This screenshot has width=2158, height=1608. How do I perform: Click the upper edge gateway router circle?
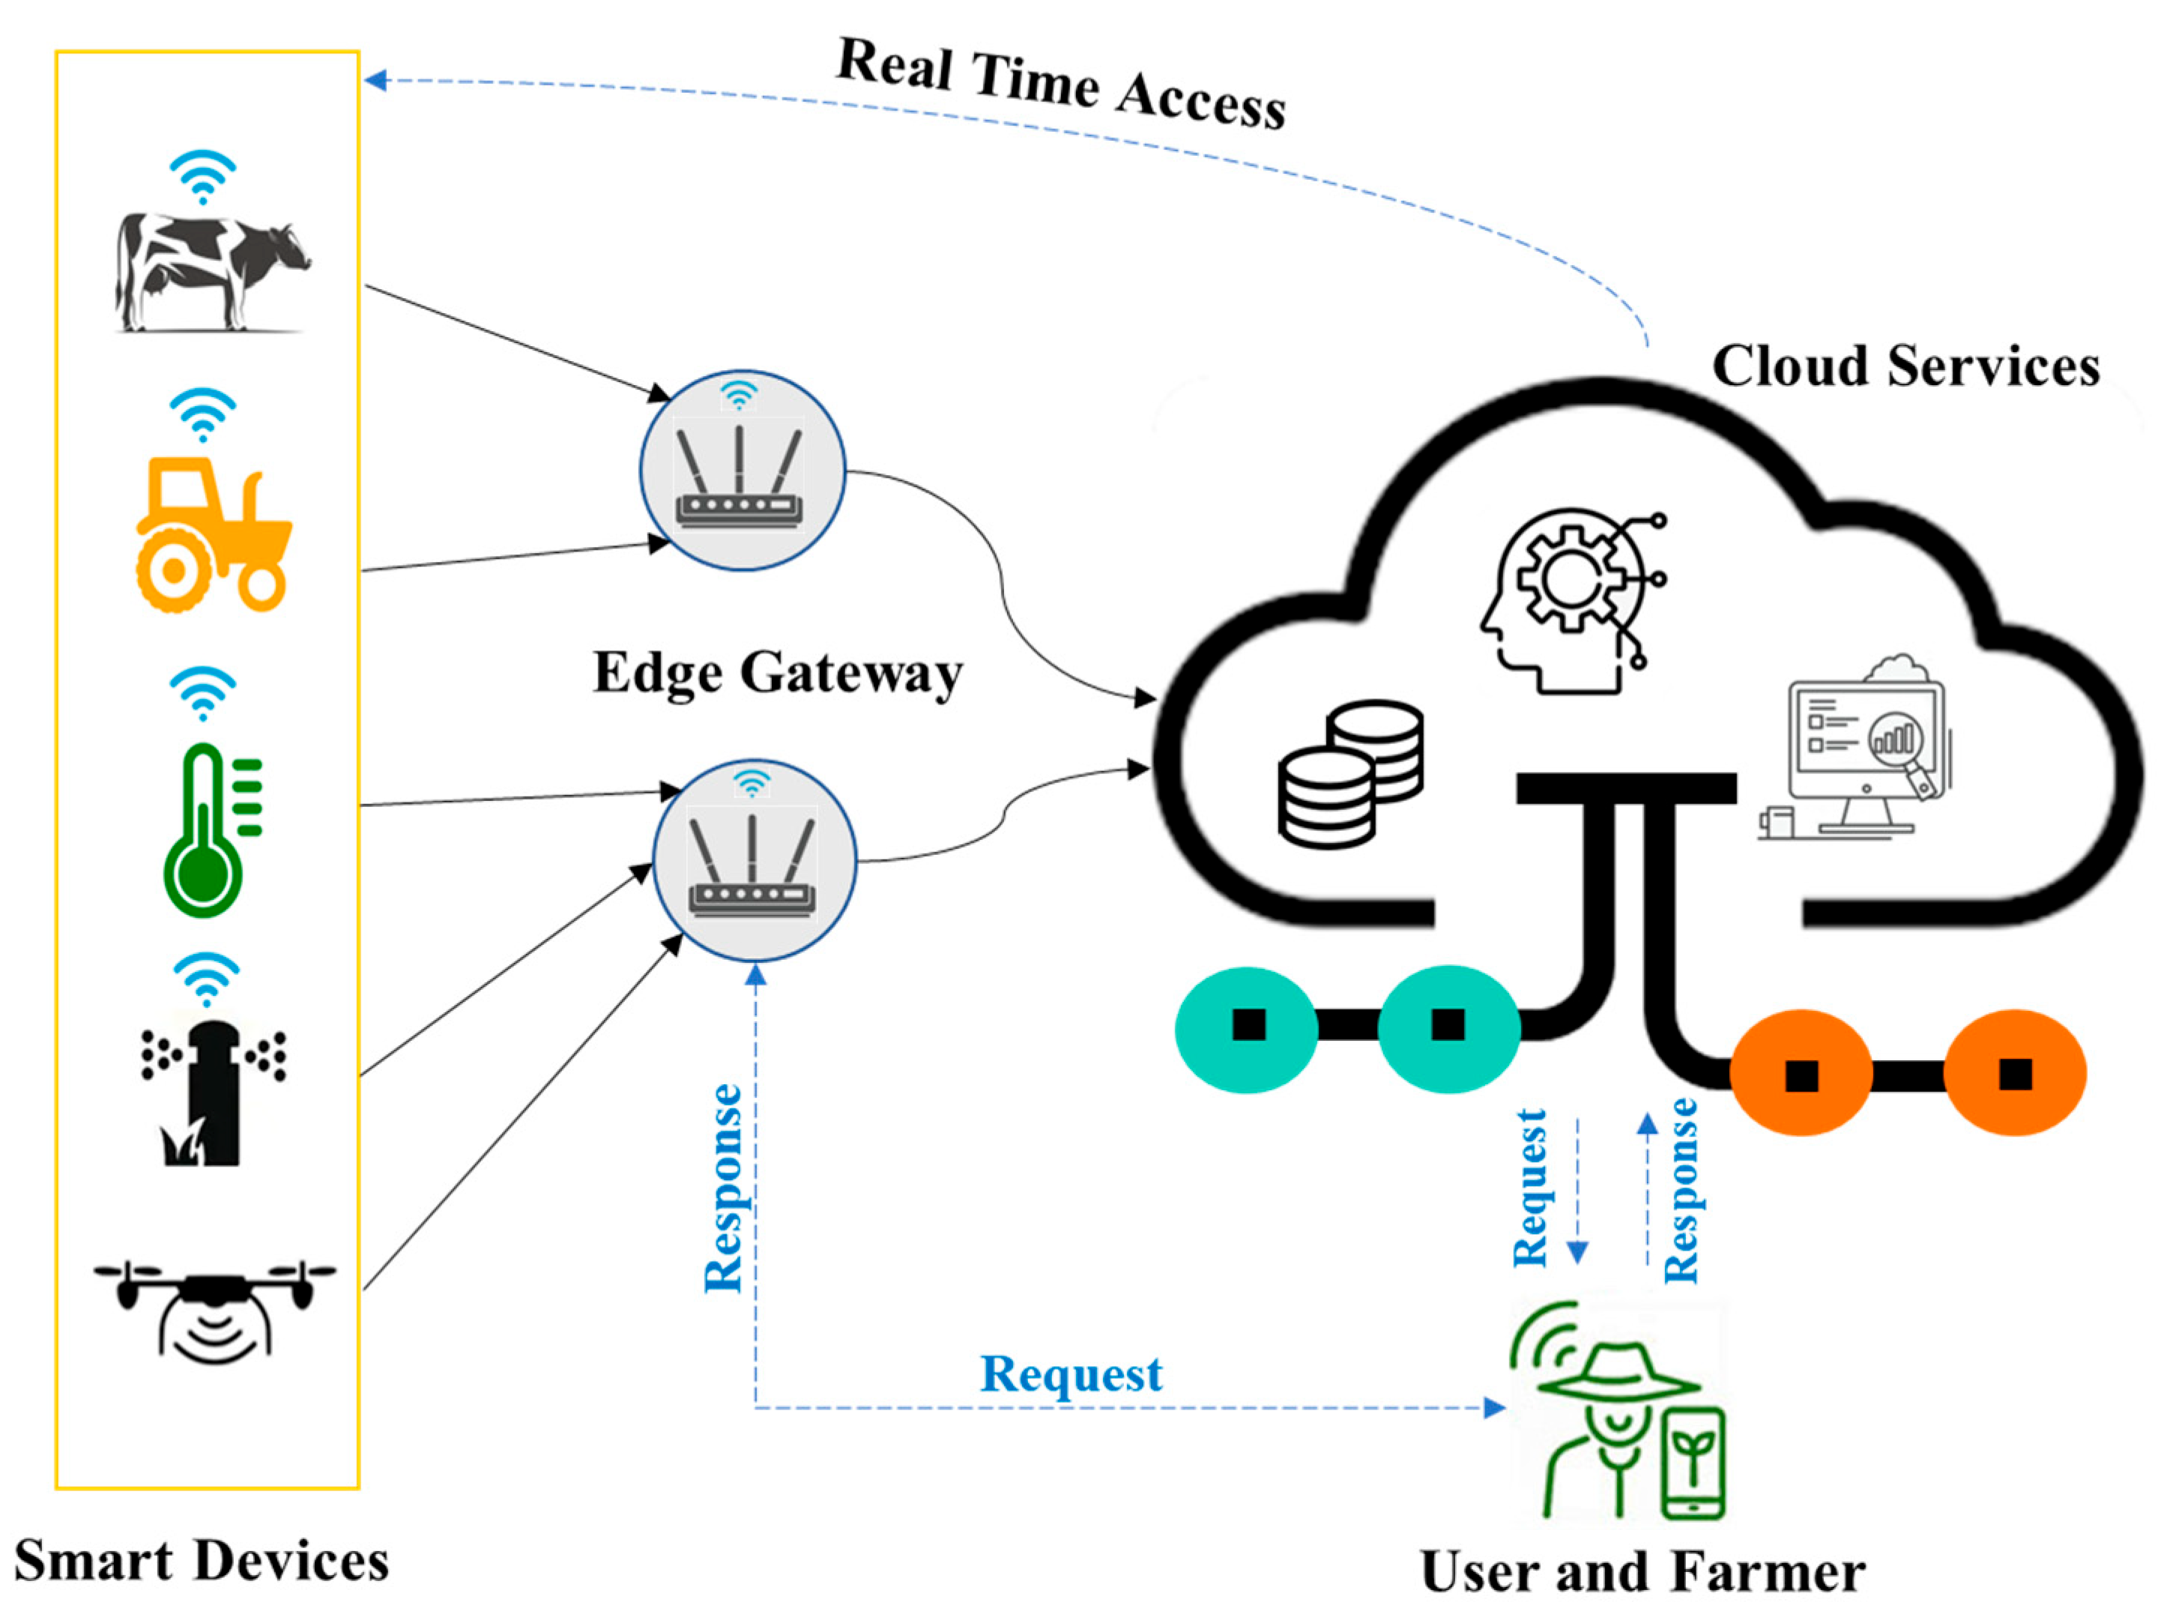point(742,470)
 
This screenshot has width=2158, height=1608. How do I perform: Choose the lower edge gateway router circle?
point(755,860)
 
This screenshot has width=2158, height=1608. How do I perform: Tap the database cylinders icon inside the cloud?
point(1349,774)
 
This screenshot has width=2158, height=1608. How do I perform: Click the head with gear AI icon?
point(1572,602)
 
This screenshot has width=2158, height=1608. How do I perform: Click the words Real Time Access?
point(1061,84)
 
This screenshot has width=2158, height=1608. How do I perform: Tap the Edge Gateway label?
point(778,673)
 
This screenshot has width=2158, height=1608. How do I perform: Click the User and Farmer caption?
point(1643,1571)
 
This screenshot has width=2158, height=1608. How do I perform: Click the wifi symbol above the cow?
point(202,176)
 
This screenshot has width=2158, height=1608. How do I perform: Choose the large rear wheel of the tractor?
point(173,572)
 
